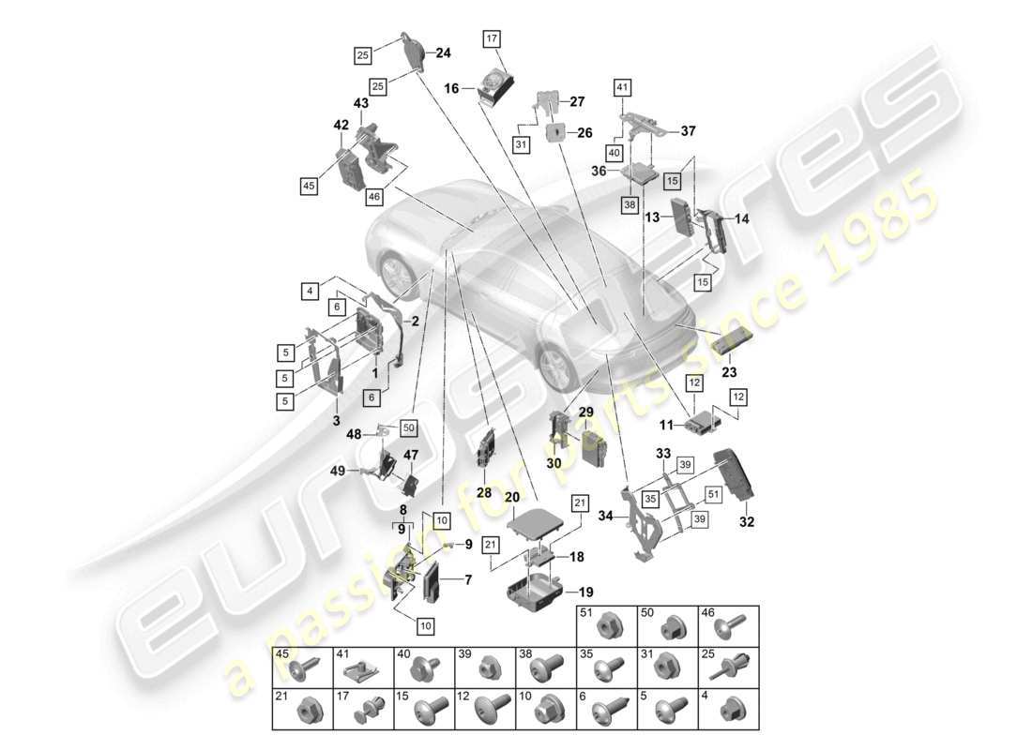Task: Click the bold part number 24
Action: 443,53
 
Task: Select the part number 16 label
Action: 450,88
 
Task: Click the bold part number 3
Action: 336,421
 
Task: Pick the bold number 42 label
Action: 340,125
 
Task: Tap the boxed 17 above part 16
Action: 493,38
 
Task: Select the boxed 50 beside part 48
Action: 408,427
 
